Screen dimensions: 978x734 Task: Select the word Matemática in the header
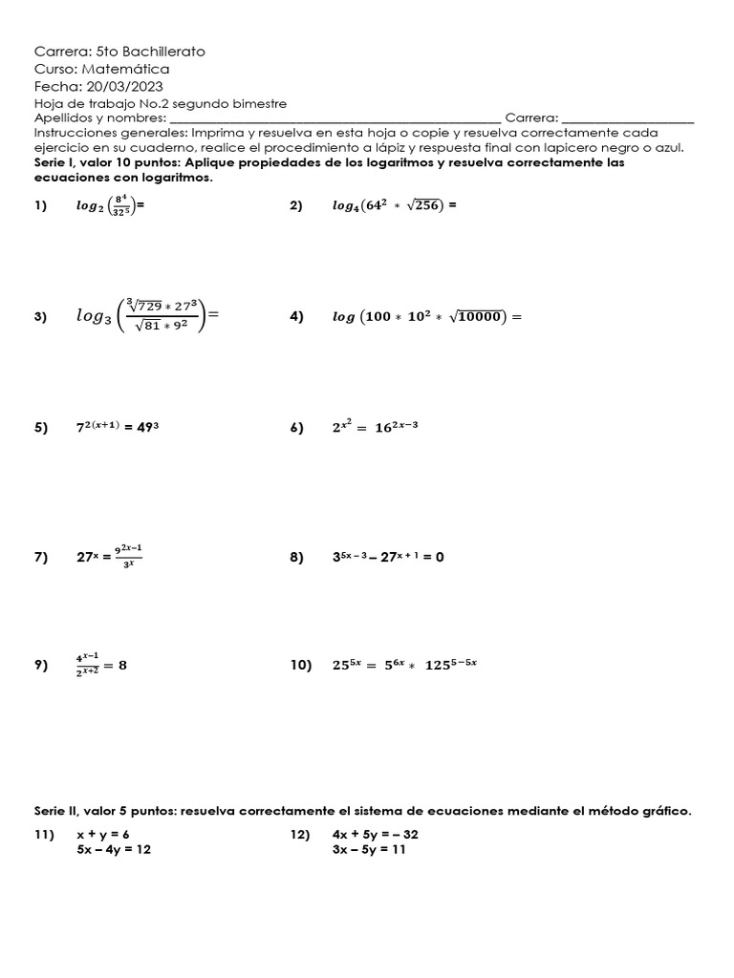point(126,69)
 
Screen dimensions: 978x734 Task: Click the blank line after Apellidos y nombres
point(335,118)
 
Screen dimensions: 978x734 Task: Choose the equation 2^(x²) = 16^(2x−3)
point(375,428)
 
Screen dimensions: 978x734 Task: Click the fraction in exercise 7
point(128,556)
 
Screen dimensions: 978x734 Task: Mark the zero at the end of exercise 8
point(439,558)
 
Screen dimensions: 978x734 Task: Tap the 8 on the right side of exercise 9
point(122,667)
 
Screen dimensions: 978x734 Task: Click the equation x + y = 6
point(103,834)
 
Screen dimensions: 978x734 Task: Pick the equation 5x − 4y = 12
point(114,850)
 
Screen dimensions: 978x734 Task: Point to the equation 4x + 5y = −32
point(376,834)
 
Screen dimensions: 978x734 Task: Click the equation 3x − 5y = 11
point(369,850)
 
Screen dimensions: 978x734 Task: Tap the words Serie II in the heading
point(56,811)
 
